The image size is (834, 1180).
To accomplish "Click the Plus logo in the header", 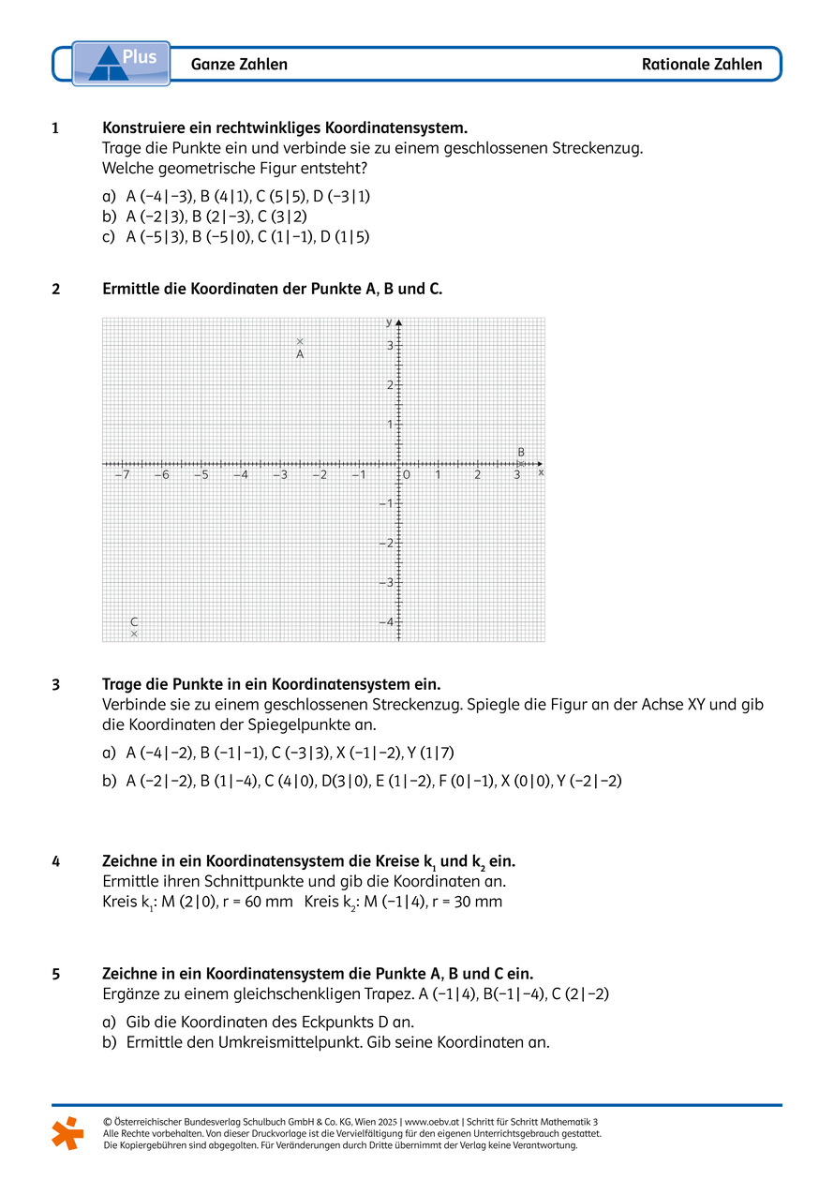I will pyautogui.click(x=121, y=63).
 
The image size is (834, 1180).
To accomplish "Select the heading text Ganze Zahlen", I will pyautogui.click(x=239, y=65).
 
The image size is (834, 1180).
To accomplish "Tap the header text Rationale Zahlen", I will pyautogui.click(x=702, y=65).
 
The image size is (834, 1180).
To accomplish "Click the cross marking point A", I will pyautogui.click(x=300, y=342).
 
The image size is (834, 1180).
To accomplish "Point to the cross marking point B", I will pyautogui.click(x=522, y=463).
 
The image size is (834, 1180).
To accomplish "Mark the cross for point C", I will pyautogui.click(x=134, y=635).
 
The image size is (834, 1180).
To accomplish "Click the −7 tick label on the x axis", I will pyautogui.click(x=122, y=475).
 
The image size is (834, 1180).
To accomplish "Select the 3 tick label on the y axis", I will pyautogui.click(x=390, y=345).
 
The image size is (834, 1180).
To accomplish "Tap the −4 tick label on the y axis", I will pyautogui.click(x=385, y=621).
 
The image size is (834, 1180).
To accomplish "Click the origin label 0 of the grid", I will pyautogui.click(x=407, y=475).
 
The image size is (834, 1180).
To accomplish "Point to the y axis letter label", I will pyautogui.click(x=389, y=321).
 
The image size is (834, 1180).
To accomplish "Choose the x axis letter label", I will pyautogui.click(x=541, y=472).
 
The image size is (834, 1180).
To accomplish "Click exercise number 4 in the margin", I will pyautogui.click(x=56, y=859).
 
